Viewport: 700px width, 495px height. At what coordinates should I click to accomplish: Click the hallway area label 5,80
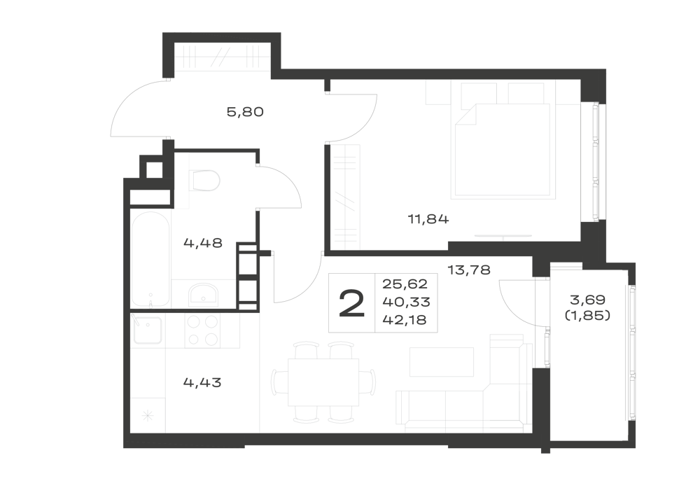click(245, 111)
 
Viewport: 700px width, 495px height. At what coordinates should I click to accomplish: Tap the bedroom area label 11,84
click(428, 219)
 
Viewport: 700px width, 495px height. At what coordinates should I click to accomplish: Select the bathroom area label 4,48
click(203, 243)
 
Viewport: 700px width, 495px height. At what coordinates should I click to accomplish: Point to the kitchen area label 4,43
click(202, 382)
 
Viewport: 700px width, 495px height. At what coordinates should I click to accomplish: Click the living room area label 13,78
click(469, 270)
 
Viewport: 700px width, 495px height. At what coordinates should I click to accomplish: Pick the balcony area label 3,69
click(587, 300)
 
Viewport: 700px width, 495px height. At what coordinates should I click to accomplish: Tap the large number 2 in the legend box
click(352, 304)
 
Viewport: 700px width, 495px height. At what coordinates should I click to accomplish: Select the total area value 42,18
click(404, 320)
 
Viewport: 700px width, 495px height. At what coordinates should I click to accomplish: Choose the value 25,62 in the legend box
click(405, 284)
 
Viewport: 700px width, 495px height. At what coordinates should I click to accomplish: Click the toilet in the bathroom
click(204, 181)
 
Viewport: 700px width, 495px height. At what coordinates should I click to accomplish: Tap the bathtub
click(150, 259)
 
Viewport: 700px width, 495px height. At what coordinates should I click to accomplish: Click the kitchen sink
click(147, 330)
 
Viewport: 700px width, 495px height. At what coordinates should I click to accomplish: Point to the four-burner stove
click(202, 330)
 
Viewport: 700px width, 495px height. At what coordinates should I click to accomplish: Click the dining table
click(323, 382)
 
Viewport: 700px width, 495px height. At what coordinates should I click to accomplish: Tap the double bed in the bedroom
click(502, 150)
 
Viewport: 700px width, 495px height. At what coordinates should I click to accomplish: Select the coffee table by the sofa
click(442, 362)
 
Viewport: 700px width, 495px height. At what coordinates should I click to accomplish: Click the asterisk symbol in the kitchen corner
click(148, 417)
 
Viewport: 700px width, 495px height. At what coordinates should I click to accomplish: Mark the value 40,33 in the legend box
click(406, 302)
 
